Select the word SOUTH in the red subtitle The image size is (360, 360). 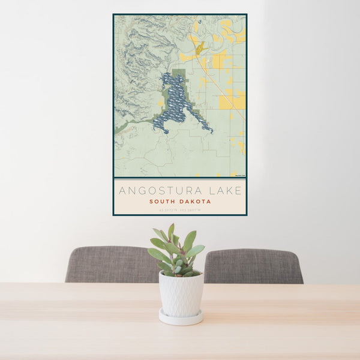[x=163, y=202]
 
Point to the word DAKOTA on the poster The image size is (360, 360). [x=195, y=202]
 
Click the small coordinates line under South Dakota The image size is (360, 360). [x=179, y=210]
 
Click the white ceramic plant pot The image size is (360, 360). [x=181, y=293]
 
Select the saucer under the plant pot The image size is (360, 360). [x=181, y=317]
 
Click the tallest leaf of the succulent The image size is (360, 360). [x=171, y=231]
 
